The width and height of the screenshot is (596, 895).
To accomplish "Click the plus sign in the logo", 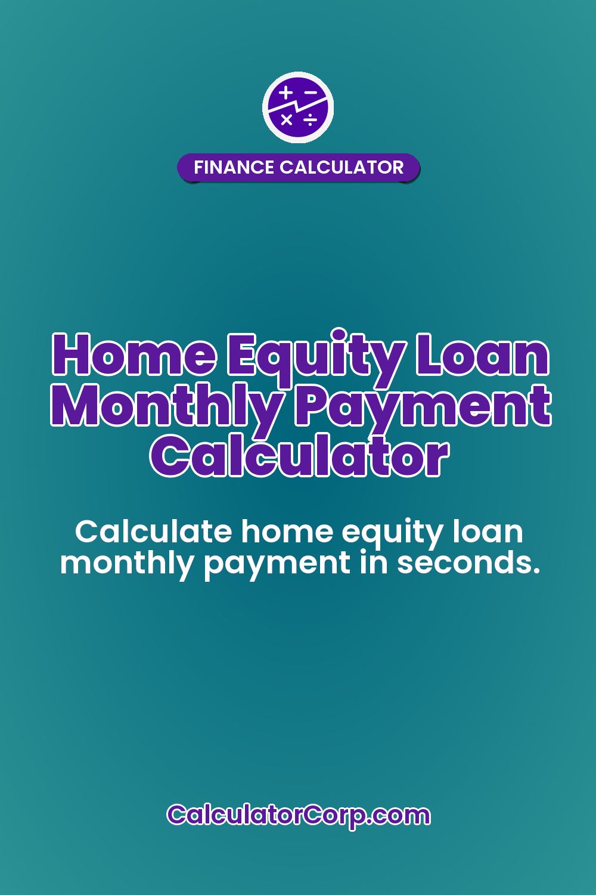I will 287,92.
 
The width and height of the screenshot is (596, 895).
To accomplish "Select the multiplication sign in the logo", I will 287,120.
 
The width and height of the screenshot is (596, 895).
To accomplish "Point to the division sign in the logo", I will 311,121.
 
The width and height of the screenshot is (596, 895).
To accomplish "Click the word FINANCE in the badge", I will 234,167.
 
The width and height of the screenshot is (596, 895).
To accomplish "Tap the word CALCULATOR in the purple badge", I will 342,167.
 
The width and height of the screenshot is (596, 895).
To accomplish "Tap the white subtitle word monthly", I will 127,563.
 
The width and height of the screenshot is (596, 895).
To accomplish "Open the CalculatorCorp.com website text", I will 298,814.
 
